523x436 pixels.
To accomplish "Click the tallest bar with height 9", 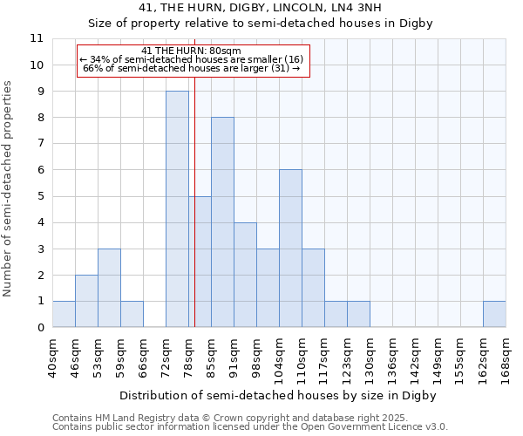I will (x=177, y=209).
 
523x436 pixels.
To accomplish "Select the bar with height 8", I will (x=222, y=222).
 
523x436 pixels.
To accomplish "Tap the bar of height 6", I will (x=290, y=249).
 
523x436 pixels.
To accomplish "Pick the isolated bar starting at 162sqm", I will (x=494, y=314).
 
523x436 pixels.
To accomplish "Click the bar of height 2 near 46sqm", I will (x=86, y=301).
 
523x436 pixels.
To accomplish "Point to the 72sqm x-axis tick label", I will (x=166, y=359).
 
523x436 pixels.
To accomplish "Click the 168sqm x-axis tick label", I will (x=506, y=359).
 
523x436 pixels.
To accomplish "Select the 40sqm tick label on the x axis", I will (x=53, y=359).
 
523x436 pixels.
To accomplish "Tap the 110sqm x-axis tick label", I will (x=302, y=359).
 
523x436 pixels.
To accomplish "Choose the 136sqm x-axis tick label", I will (x=393, y=359).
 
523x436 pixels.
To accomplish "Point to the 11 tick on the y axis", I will (x=37, y=38).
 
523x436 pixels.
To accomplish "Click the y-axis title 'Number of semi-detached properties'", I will (x=9, y=188).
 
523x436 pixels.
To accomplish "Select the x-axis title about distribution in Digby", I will (x=277, y=395).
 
